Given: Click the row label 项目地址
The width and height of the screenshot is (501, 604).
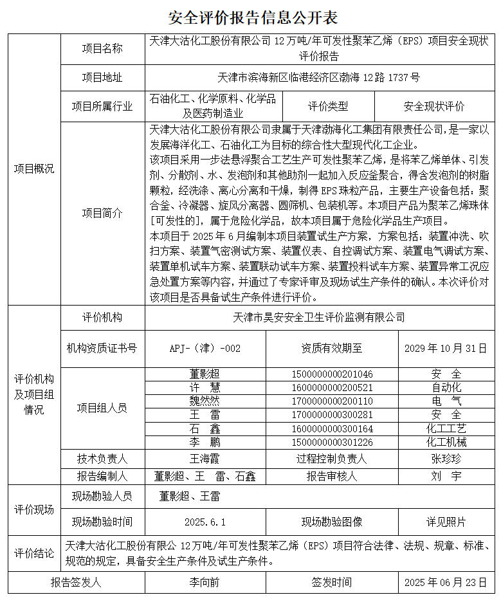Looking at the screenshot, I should (102, 78).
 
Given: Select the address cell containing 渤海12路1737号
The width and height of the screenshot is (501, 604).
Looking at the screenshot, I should (319, 78).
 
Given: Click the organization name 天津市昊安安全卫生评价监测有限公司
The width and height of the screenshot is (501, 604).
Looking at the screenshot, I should (319, 317).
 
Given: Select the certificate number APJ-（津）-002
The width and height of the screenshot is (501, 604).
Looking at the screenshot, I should (205, 348).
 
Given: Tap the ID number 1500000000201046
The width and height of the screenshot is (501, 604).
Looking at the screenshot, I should (332, 374).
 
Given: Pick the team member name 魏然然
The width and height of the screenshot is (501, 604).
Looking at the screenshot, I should (205, 400).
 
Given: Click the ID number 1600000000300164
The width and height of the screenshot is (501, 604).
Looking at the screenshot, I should (332, 428).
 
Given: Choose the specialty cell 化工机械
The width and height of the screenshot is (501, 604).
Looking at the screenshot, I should (446, 442).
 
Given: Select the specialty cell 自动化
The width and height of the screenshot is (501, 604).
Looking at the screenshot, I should (446, 387).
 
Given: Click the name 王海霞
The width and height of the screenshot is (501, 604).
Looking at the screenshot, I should (205, 459).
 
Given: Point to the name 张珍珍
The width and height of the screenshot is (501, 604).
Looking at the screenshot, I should (446, 459).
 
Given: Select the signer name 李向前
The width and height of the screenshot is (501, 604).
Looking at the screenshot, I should (205, 583).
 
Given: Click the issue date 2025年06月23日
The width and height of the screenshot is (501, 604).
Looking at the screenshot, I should (446, 583).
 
